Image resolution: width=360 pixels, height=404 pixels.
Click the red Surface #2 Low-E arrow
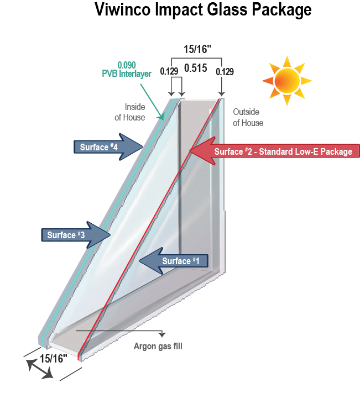coord(274,151)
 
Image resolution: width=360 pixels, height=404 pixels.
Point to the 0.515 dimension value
coord(195,69)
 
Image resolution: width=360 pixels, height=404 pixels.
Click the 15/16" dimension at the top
coord(197,49)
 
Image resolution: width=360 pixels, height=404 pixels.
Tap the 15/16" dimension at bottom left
coord(53,358)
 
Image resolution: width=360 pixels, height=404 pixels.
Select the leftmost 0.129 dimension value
coord(169,71)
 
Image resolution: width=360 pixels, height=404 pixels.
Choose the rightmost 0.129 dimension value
coord(225,71)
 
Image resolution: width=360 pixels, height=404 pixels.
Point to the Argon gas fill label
coord(158,347)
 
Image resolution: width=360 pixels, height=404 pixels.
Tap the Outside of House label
coord(248,117)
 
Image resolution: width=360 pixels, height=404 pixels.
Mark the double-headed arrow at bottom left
coord(39,369)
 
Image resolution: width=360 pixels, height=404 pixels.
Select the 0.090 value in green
coord(127,65)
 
